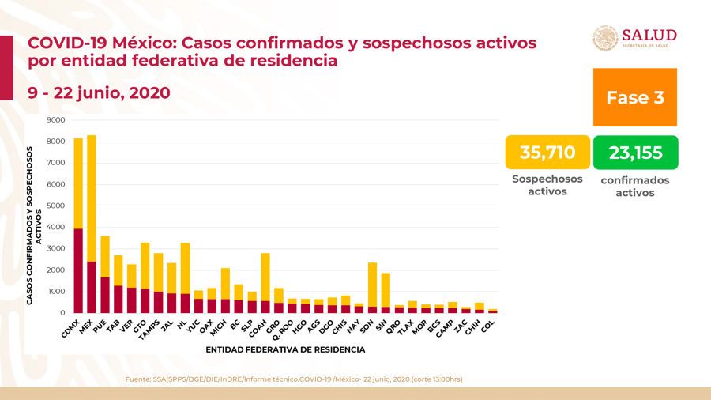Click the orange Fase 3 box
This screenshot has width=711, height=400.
[x=634, y=97]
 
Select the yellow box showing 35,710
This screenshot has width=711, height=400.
[x=547, y=153]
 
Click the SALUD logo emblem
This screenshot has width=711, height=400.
[x=605, y=39]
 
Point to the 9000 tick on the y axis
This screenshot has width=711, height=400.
[x=55, y=120]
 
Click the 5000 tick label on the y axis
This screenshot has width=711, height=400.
[x=55, y=206]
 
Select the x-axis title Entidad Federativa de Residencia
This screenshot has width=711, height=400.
[x=285, y=349]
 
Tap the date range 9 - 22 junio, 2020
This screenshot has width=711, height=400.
[x=99, y=92]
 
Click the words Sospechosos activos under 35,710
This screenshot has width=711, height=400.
[x=547, y=185]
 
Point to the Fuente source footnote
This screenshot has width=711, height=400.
[x=294, y=379]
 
